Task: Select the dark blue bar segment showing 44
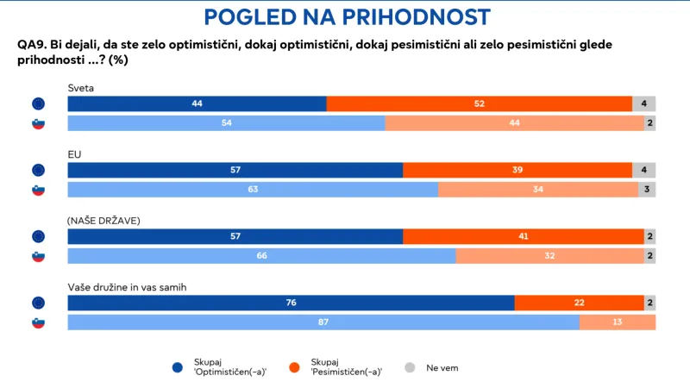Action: [x=197, y=103]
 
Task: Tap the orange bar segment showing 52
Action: [x=480, y=103]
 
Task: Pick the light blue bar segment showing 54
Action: [x=226, y=123]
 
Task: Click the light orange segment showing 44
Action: [x=514, y=123]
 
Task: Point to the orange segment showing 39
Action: [x=517, y=170]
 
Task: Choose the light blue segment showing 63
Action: [x=252, y=190]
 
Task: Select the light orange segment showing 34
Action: [x=537, y=190]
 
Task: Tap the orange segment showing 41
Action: [x=523, y=236]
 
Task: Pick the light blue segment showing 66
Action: [x=261, y=256]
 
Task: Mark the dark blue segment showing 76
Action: [x=291, y=303]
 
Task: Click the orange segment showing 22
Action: [x=579, y=303]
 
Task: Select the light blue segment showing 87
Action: [x=323, y=322]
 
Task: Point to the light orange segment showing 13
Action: [x=618, y=322]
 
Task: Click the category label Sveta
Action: [x=81, y=88]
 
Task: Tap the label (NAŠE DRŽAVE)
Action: [x=103, y=221]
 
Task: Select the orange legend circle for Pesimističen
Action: [x=294, y=368]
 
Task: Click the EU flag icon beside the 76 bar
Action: [x=38, y=303]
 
